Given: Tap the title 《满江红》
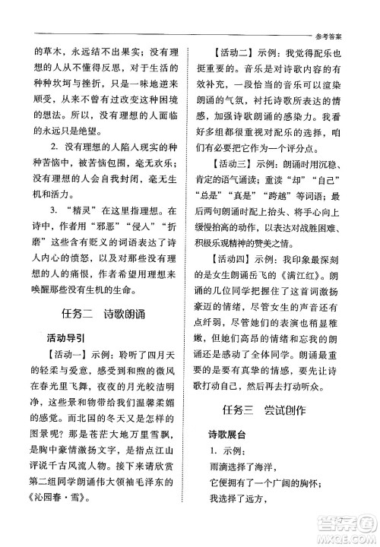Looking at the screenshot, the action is (318, 277).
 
